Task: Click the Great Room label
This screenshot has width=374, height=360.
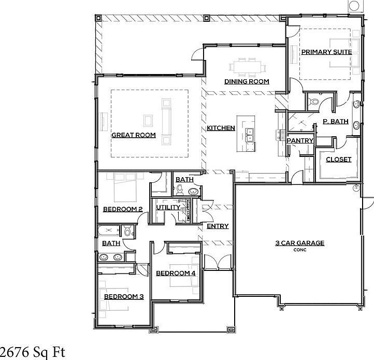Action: [x=134, y=136]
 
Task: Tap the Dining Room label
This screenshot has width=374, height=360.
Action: [x=247, y=82]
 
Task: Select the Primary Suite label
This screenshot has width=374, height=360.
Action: [x=326, y=52]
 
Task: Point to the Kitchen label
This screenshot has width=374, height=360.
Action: [x=221, y=128]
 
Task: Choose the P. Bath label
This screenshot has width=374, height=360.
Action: [x=335, y=122]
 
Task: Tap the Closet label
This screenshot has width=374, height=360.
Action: [x=338, y=160]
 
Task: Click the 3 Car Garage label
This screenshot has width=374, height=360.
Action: [x=300, y=243]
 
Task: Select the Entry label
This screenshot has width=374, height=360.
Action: [x=218, y=226]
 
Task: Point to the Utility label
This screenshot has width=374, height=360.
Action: [x=168, y=208]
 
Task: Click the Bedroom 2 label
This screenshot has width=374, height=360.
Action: [x=123, y=209]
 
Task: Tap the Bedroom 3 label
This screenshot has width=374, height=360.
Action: [x=124, y=297]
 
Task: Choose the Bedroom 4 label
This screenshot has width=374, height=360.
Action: [x=176, y=273]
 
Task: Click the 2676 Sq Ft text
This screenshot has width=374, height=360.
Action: [x=33, y=353]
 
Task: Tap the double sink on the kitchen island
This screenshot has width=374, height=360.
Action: [x=250, y=135]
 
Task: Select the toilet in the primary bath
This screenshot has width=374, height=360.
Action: [x=313, y=102]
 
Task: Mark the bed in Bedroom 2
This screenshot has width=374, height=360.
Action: [x=123, y=190]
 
